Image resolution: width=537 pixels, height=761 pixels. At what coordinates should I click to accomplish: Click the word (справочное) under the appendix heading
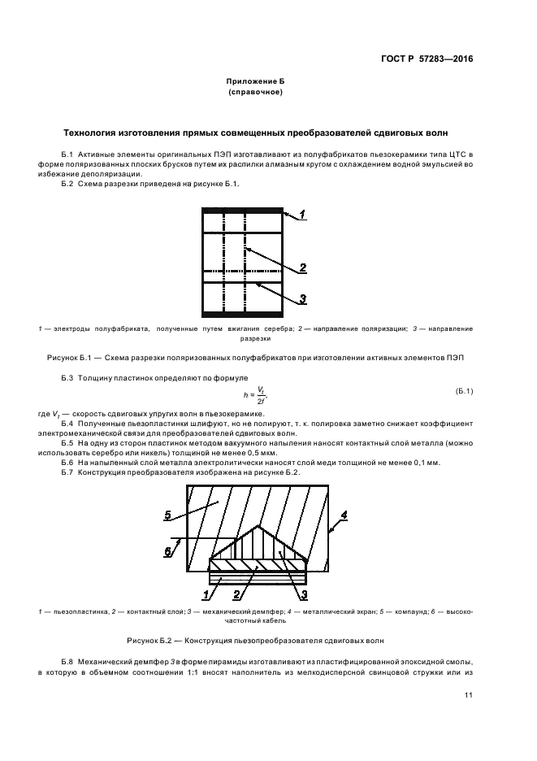[255, 93]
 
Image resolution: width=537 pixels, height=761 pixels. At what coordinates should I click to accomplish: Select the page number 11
[469, 695]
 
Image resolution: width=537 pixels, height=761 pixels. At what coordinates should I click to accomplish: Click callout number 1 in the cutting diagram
[301, 215]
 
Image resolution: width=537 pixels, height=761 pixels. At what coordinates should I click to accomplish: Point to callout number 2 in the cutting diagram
[302, 267]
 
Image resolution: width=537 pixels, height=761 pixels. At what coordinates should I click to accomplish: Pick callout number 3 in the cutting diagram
[302, 299]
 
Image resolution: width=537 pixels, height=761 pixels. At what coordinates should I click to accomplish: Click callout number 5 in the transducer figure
[168, 515]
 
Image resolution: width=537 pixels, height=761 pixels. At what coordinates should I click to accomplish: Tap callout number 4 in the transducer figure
[344, 515]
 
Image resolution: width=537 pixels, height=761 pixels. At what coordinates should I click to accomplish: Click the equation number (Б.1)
[464, 392]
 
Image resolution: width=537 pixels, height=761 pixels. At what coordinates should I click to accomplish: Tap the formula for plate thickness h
[259, 394]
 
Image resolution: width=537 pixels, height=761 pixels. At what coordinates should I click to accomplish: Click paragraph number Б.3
[67, 379]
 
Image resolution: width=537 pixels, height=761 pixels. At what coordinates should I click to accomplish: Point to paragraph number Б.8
[67, 663]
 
